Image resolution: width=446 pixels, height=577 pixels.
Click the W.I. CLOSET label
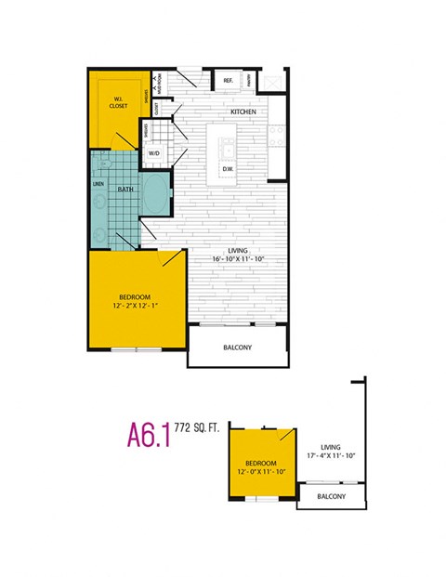[118, 103]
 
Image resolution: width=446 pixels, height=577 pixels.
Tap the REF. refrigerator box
[228, 82]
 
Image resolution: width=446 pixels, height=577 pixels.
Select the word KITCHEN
[244, 112]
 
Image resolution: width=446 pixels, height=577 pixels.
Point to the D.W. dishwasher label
[228, 169]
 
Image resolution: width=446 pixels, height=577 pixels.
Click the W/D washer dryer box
[154, 154]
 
